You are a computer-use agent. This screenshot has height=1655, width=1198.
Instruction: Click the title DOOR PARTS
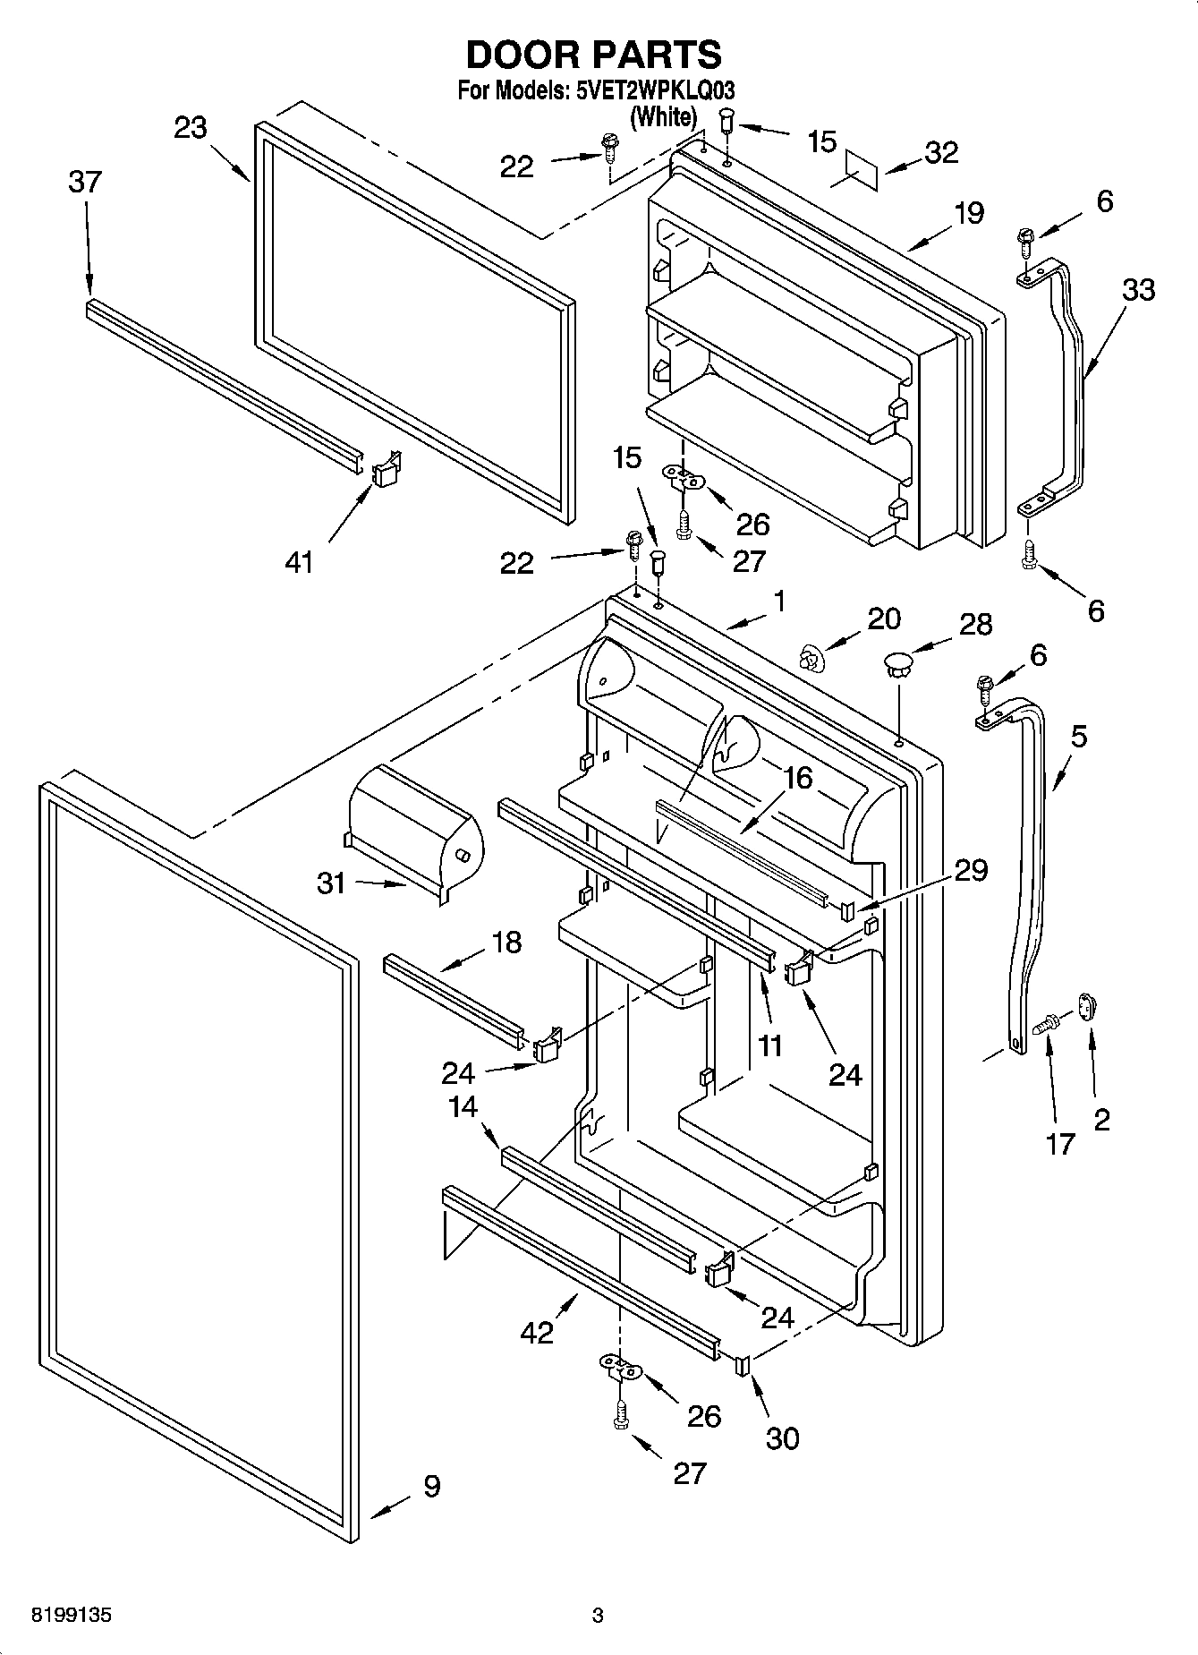tap(593, 55)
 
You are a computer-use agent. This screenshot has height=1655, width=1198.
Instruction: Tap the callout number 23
tap(191, 128)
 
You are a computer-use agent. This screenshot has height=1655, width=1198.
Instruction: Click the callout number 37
tap(85, 182)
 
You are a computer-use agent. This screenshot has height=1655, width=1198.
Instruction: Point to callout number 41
tap(299, 562)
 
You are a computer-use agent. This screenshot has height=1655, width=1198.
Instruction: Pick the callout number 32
tap(940, 152)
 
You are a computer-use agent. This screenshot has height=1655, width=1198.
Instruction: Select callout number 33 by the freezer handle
tap(1138, 290)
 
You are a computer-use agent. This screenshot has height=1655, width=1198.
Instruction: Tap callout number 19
tap(968, 213)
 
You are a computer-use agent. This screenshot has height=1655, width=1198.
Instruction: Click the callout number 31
tap(331, 883)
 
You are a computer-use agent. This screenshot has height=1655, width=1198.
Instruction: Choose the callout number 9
tap(431, 1487)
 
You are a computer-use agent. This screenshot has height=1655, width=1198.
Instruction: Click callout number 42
tap(538, 1332)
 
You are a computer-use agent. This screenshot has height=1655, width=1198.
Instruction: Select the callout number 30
tap(782, 1438)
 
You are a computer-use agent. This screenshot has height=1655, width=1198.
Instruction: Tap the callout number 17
tap(1059, 1144)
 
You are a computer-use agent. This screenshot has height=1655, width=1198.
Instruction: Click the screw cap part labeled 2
tap(1085, 1009)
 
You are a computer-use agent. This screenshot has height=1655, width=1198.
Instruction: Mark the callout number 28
tap(975, 624)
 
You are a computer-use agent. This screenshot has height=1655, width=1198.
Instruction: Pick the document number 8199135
tap(72, 1616)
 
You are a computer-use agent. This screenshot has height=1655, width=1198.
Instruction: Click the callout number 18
tap(506, 942)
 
